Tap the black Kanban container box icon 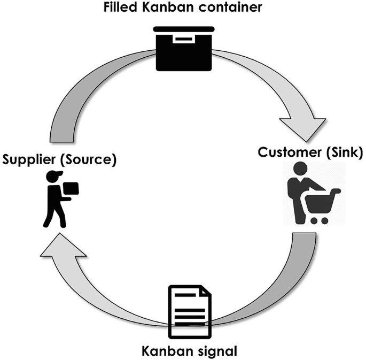point(183,51)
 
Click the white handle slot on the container point(183,39)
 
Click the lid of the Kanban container point(183,29)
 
